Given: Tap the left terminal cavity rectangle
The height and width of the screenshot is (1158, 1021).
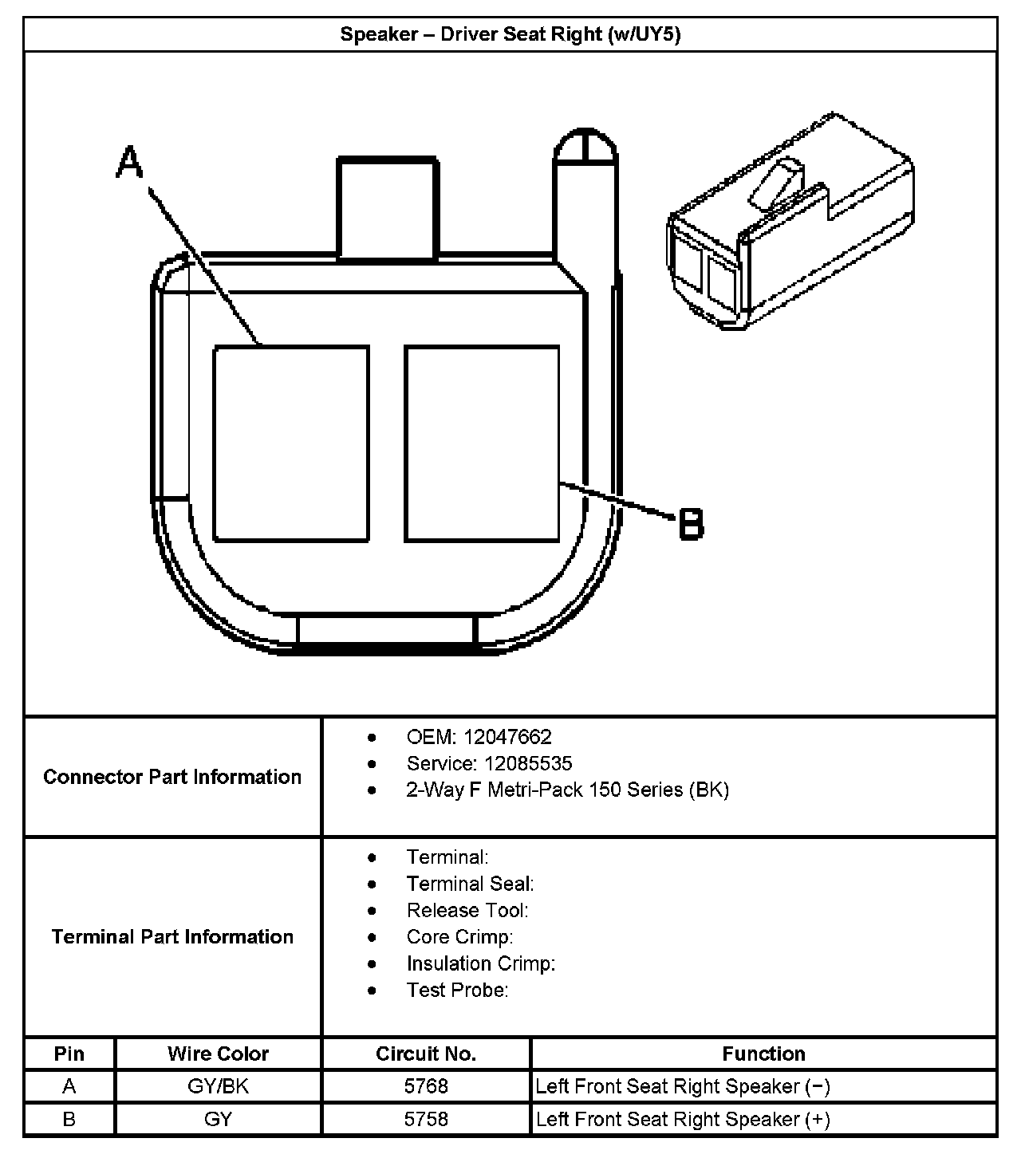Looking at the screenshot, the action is click(291, 443).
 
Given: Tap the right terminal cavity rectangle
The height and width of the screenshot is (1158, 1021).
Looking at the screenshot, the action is click(482, 443).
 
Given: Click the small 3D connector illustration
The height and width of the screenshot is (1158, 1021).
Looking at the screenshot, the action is click(790, 221).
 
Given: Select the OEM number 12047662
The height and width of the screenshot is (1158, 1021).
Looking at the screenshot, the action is click(507, 738).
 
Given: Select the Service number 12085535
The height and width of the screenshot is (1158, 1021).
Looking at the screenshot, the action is click(528, 763).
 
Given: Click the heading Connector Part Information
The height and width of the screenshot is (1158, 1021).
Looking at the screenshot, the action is click(172, 777).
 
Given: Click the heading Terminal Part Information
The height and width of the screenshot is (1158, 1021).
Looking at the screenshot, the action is click(172, 937).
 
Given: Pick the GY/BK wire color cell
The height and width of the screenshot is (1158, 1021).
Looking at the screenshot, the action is click(218, 1086).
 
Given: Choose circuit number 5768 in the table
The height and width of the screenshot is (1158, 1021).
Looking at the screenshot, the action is click(426, 1086).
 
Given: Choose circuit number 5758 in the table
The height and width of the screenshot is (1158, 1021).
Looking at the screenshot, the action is click(426, 1119).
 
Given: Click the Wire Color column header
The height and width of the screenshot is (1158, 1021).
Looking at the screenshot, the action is click(218, 1054).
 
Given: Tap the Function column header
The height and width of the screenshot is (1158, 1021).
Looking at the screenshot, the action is click(763, 1054).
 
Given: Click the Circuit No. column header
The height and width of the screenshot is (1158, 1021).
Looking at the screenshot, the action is click(426, 1054).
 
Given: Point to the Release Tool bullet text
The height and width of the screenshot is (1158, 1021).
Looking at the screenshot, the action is click(467, 911).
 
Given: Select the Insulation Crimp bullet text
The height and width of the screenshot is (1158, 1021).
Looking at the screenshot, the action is click(481, 963).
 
